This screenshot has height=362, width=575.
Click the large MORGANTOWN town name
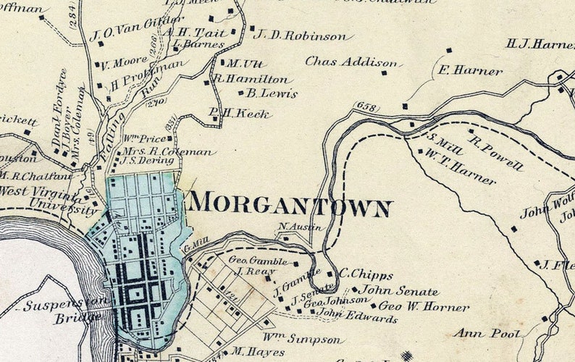290,205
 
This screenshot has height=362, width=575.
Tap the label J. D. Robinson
303,35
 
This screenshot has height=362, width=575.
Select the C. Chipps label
366,275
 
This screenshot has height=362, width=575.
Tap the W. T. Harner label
460,168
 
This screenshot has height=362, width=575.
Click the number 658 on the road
367,108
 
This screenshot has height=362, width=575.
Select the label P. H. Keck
240,114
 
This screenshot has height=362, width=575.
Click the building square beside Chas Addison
384,72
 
